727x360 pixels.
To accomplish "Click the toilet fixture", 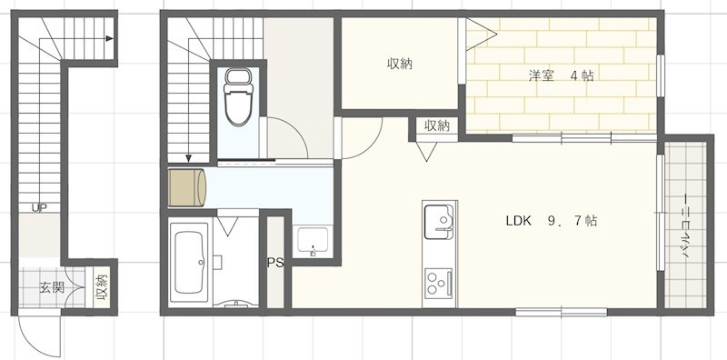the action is pos(238,96).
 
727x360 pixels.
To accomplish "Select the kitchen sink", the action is pos(439,221).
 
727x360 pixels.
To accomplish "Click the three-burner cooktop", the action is pos(439,284).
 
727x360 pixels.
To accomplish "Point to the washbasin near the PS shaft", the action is pos(313,241).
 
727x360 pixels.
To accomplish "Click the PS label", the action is pos(274,263).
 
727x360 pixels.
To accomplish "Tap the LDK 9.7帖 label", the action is pos(551,221).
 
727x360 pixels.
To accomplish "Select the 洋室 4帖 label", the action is pos(561,76).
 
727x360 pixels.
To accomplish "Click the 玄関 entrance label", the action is pos(52,287).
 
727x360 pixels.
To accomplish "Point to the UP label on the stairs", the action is pos(39,207).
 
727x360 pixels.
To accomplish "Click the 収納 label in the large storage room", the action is pos(400,64).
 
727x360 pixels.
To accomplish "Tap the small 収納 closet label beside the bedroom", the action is pos(437,125).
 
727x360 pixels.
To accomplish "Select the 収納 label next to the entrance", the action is pos(102,287).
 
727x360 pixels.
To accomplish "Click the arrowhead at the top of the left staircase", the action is pos(109,38).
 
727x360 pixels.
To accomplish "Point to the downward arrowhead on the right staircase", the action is pos(189,159).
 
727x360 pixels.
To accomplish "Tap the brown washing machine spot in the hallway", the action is pos(187,188).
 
